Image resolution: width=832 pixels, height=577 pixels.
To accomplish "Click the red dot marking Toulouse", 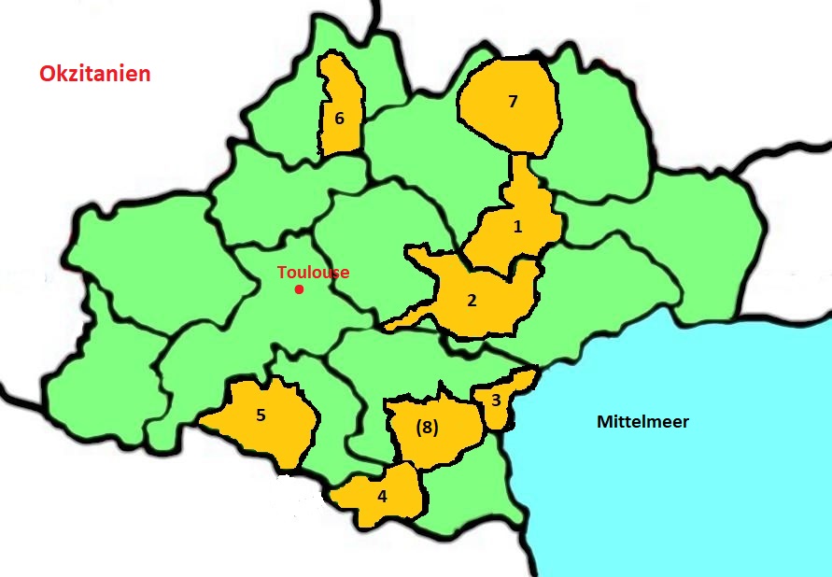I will click(x=299, y=289).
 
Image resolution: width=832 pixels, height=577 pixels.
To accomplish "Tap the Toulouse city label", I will click(x=314, y=273).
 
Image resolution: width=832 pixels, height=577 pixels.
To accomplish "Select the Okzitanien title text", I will click(x=95, y=74).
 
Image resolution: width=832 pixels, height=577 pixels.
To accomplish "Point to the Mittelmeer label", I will click(x=642, y=422).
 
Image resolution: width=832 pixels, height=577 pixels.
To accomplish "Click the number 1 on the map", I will click(x=518, y=225).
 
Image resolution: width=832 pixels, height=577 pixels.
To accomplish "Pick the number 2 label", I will click(x=472, y=300).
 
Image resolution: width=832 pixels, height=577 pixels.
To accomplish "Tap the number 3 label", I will click(x=496, y=401).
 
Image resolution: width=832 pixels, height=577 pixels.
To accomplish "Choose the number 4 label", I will click(x=382, y=496).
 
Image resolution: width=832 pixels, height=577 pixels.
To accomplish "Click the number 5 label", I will click(x=261, y=415).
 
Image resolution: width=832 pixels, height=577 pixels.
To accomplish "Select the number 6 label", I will click(x=339, y=119).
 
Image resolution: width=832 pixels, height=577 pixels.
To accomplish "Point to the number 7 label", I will click(x=512, y=102).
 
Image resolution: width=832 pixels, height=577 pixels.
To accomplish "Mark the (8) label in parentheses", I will click(x=426, y=427).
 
